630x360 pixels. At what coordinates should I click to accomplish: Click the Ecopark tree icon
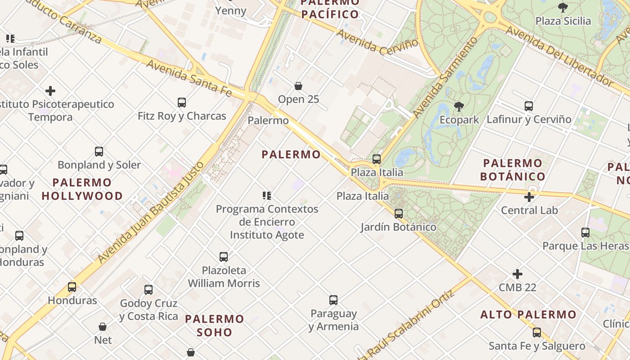coord(459,107)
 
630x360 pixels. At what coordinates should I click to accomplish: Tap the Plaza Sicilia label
coord(563,21)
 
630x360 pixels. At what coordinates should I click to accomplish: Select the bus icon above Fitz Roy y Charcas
coord(182,103)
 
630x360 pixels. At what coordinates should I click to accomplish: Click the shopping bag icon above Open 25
coord(298,86)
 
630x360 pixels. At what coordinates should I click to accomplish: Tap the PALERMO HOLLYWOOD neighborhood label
coord(82,189)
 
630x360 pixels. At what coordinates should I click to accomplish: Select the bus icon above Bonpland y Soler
coord(99,152)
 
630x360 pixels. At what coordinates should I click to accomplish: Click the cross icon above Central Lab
coord(529,197)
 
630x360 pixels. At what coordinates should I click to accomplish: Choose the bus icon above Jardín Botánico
coord(399,214)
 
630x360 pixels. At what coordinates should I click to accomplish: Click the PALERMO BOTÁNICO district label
coord(513,170)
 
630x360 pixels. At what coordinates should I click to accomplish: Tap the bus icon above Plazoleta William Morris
coord(224,257)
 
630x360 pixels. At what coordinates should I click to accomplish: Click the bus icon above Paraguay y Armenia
coord(333,300)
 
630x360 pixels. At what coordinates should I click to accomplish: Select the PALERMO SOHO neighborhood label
coord(215,325)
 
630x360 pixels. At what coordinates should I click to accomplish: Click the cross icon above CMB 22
coord(517,274)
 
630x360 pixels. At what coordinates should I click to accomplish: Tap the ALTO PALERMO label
coord(528,315)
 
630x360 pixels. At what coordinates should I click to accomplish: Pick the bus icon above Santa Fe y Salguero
coord(537,333)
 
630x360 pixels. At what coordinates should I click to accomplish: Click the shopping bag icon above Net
coord(103,327)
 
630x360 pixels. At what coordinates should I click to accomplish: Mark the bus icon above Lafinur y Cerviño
coord(529,106)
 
